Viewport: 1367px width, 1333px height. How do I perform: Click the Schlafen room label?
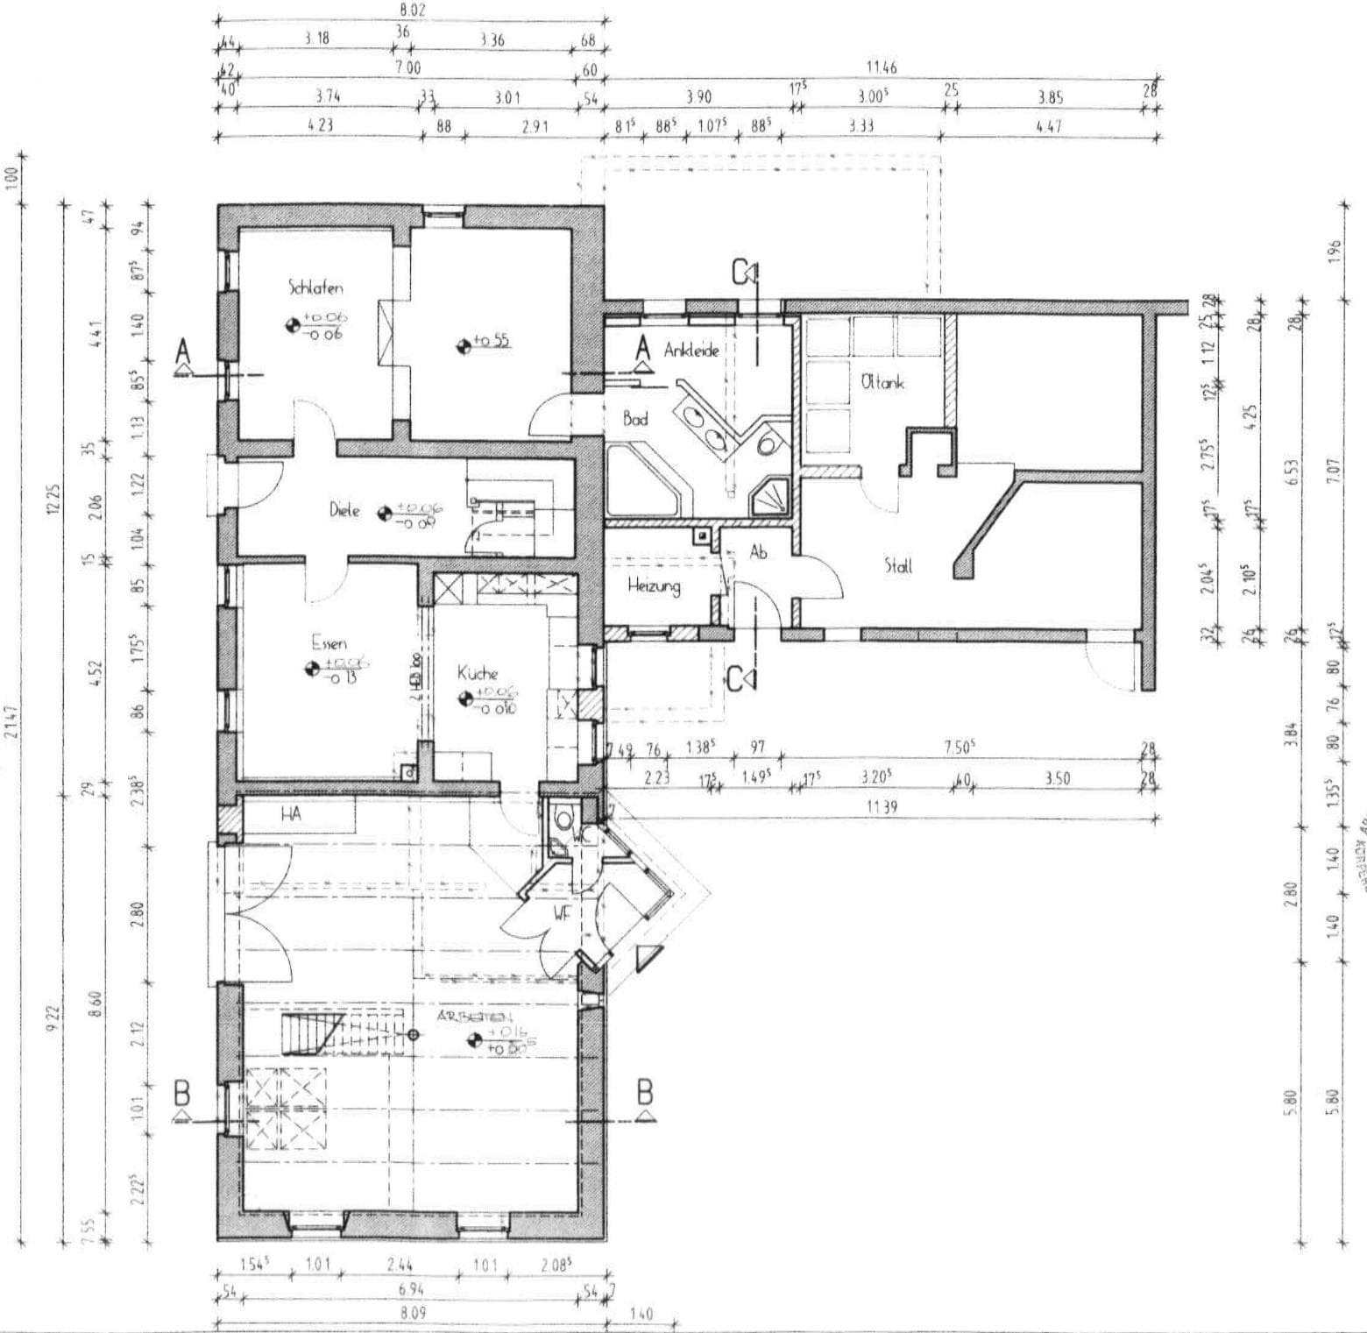point(315,287)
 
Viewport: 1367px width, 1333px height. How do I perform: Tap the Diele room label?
point(344,510)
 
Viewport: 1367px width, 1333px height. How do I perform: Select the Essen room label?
point(329,643)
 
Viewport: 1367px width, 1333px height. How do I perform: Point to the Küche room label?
point(478,673)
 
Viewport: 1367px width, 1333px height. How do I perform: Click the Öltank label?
point(882,382)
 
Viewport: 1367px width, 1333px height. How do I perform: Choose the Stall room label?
point(898,566)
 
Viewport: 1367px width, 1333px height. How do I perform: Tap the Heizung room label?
point(654,586)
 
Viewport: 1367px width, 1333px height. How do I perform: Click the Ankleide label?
point(691,351)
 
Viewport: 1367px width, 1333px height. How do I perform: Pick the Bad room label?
point(635,419)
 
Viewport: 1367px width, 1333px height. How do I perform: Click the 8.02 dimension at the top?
point(410,11)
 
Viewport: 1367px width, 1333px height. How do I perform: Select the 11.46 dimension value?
point(882,67)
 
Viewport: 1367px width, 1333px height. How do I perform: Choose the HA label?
point(291,814)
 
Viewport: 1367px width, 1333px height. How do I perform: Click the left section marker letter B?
point(182,1095)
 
